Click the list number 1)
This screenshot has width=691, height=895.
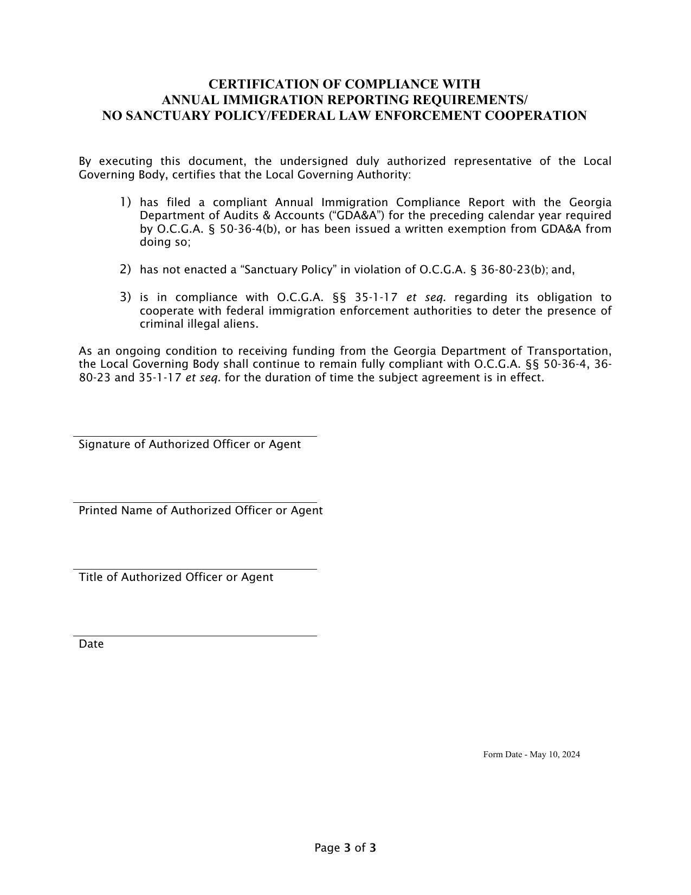pyautogui.click(x=125, y=202)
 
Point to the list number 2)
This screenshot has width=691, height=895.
pyautogui.click(x=125, y=269)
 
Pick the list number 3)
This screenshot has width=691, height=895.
pyautogui.click(x=125, y=297)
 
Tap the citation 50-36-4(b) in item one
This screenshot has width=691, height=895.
pyautogui.click(x=249, y=229)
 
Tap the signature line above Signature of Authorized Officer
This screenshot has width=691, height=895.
pyautogui.click(x=195, y=436)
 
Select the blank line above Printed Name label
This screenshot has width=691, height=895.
pyautogui.click(x=195, y=503)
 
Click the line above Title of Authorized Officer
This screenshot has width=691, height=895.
pyautogui.click(x=195, y=570)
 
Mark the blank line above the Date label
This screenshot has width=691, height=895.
pyautogui.click(x=195, y=636)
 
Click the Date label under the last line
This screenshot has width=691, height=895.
pyautogui.click(x=91, y=644)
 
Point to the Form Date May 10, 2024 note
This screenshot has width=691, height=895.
pyautogui.click(x=531, y=755)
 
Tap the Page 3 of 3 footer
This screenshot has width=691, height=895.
pyautogui.click(x=345, y=848)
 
